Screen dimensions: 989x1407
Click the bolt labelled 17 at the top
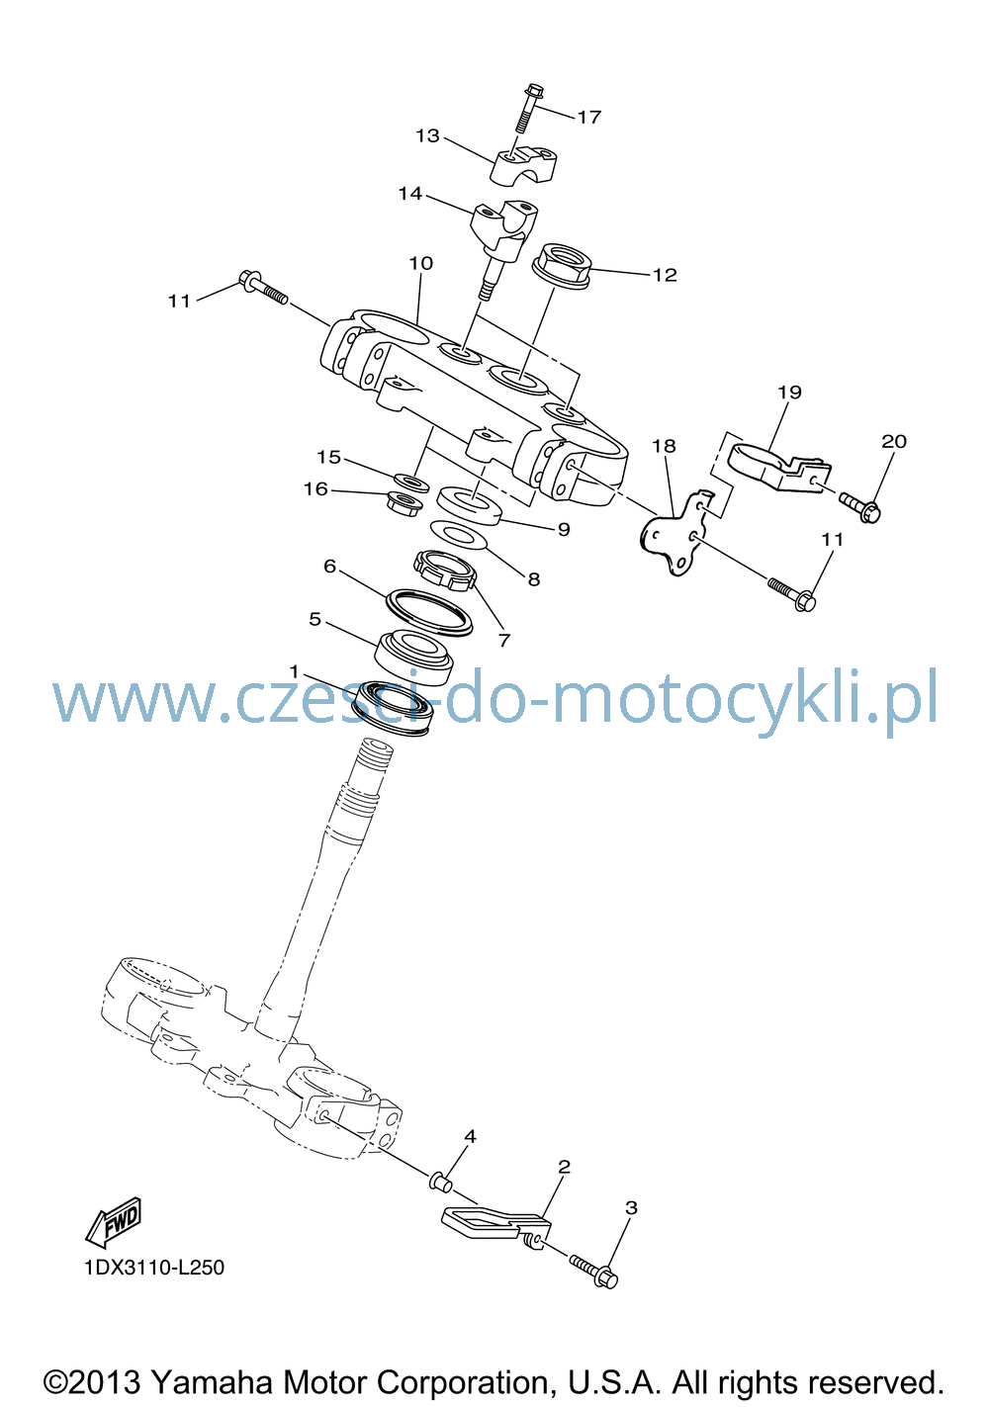click(x=527, y=108)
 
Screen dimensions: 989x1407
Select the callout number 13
click(x=427, y=135)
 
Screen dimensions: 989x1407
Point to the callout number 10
click(x=420, y=263)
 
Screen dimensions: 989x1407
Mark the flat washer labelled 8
click(x=459, y=535)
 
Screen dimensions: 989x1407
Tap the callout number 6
click(x=330, y=567)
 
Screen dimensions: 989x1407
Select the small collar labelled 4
click(x=441, y=1181)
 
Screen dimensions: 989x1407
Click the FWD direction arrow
click(x=113, y=1222)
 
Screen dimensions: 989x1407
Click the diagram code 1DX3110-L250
click(x=154, y=1267)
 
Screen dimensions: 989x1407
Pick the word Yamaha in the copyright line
click(x=213, y=1382)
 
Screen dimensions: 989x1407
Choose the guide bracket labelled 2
click(x=496, y=1223)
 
